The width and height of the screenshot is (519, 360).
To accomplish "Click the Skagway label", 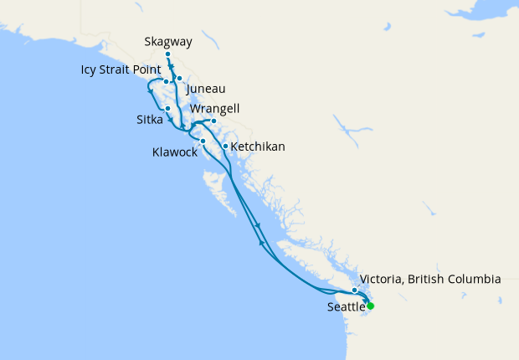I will pos(167,40).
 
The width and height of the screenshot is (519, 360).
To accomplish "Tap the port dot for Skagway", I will pos(168,54).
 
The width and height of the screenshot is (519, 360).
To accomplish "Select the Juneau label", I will pos(206,89).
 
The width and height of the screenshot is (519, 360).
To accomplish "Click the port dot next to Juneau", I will pos(179,78).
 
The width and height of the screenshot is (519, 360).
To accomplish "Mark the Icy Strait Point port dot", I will pos(167,82).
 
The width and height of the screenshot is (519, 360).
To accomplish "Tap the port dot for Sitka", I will pos(168,108).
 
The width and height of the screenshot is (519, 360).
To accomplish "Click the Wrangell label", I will pos(215,109).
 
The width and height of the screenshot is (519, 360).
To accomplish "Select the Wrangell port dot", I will pos(213,121).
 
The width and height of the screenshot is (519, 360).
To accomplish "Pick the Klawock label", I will pos(175,153).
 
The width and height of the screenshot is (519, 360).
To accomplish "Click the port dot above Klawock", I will pos(203,141).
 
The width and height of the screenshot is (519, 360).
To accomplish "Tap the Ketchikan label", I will pos(257,147).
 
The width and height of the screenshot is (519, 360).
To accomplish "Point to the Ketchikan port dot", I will pos(225,147).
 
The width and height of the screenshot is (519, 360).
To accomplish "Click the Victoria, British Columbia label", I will pos(429,279).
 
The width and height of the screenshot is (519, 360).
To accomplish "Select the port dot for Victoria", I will pos(355,291).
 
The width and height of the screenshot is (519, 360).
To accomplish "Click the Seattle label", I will pos(346,307).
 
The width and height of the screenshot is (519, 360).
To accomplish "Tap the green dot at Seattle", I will pos(370,306).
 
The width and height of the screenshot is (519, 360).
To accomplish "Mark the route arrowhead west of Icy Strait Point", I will pos(150,90).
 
